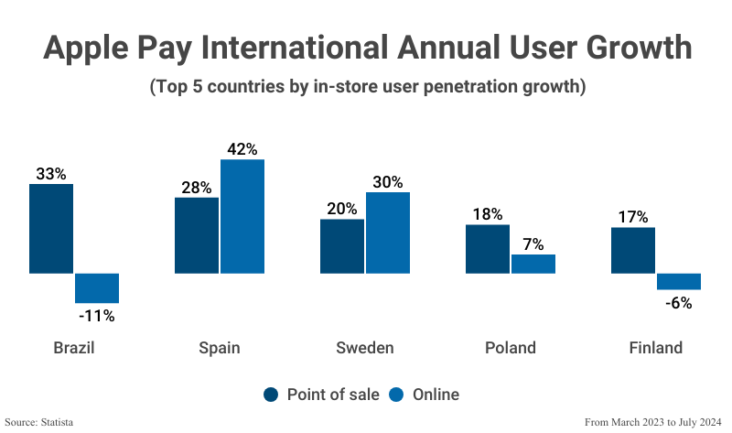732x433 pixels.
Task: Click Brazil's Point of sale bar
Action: tap(51, 229)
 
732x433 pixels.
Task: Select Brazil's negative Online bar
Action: tap(97, 287)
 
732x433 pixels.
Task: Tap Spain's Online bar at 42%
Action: tap(242, 216)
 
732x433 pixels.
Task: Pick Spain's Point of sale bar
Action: tap(197, 235)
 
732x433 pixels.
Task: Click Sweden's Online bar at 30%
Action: tap(388, 233)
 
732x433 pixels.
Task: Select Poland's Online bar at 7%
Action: tap(533, 264)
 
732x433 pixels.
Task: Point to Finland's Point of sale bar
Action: tap(633, 250)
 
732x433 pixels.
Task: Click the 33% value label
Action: tap(51, 173)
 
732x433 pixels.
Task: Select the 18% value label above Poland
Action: tap(488, 214)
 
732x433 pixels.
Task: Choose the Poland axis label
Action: tap(510, 348)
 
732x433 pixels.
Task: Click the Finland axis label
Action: tap(655, 348)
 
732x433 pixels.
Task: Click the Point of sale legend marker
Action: tap(272, 395)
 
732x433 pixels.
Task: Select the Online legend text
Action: tap(436, 395)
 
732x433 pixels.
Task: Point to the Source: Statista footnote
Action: tap(38, 422)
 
